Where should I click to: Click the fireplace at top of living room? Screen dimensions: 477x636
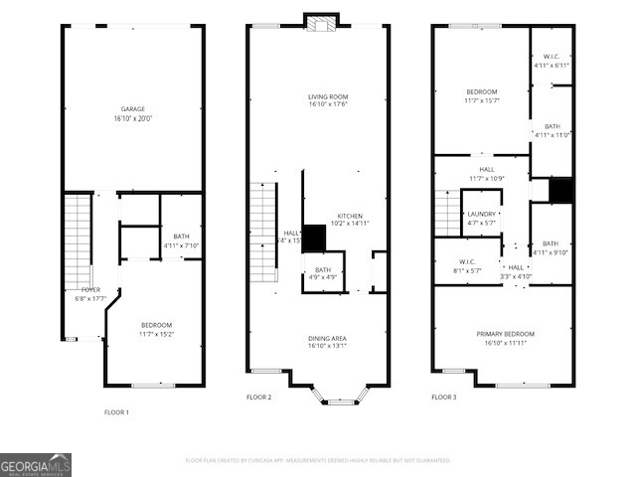pos(320,24)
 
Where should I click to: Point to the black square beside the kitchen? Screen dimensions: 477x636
pos(314,238)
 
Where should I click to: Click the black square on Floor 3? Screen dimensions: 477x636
pos(561,189)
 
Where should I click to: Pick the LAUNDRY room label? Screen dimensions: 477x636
pos(481,218)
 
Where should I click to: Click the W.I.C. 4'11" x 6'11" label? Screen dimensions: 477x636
pos(551,61)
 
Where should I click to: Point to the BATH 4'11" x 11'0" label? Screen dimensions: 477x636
pos(552,130)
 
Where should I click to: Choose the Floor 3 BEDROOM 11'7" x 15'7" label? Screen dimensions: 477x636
pos(481,95)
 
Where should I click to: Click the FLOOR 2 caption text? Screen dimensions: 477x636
pos(258,397)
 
